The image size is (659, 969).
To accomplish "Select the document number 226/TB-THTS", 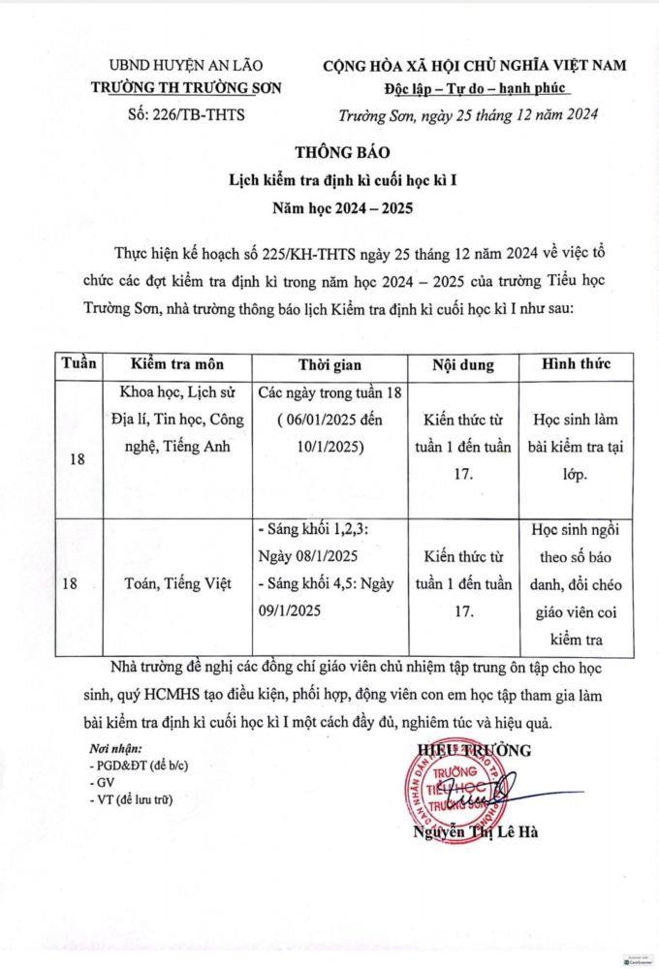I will [186, 114].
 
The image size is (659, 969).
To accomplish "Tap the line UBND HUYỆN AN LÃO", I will [186, 66].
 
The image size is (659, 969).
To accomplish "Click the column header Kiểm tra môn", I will [177, 365].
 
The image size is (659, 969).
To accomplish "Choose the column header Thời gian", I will [329, 365].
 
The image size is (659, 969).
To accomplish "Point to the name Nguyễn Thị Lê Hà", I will [475, 832].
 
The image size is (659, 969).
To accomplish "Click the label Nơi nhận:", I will [115, 748].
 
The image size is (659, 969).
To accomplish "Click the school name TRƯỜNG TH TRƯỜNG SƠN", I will [186, 88].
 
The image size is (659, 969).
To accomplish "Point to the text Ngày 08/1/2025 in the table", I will [308, 557].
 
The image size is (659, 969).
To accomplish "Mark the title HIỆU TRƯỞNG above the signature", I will [474, 749].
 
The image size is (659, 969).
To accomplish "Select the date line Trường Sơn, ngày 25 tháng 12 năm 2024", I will [468, 114].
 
